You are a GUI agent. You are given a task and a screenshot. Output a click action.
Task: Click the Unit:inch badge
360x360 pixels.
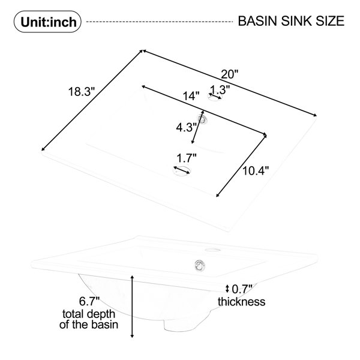[47, 22]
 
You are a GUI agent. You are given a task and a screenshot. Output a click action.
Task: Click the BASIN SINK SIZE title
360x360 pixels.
[291, 21]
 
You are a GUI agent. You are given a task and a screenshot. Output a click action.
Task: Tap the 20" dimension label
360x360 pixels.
[229, 74]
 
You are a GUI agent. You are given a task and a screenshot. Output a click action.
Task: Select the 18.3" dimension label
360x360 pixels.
[82, 92]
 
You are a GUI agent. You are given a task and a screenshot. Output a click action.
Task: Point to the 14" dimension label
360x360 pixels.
[191, 95]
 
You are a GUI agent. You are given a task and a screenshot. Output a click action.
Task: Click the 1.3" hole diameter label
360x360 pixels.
[220, 89]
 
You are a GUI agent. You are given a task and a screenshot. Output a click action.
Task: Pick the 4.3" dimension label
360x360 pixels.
[186, 127]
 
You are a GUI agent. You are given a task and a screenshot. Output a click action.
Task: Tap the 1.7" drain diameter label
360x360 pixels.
[187, 158]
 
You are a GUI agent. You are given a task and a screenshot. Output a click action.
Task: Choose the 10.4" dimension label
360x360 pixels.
[256, 170]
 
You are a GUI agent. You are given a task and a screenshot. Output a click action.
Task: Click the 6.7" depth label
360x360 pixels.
[89, 301]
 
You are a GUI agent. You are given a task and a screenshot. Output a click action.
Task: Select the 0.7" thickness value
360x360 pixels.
[242, 289]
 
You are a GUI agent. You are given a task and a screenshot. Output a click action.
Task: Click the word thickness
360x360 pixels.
[242, 301]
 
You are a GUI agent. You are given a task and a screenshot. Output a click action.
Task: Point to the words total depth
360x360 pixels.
[89, 314]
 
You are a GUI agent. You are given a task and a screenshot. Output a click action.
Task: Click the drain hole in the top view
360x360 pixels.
[182, 171]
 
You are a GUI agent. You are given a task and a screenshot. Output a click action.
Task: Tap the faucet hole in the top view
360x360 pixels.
[215, 97]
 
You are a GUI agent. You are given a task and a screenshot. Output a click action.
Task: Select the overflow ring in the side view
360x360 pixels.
[200, 266]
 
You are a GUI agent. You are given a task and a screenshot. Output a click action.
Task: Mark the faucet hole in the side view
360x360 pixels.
[212, 250]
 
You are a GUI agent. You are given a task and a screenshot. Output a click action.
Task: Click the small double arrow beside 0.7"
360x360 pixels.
[227, 289]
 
